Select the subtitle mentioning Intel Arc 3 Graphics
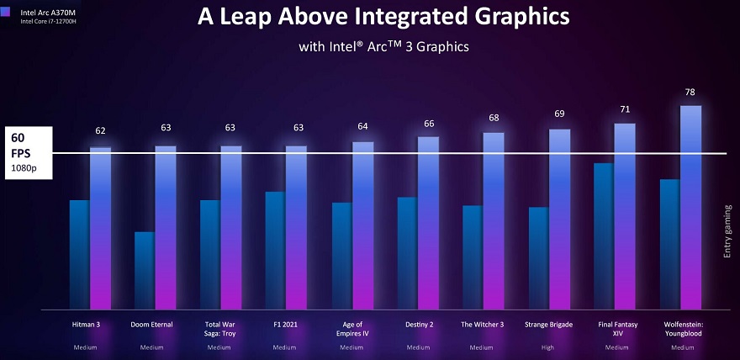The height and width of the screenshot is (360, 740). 383,46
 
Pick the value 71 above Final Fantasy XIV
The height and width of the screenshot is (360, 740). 625,110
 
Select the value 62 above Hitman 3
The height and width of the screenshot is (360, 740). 101,130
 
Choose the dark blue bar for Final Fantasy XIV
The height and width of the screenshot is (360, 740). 604,236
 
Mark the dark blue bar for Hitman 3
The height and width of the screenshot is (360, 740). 80,254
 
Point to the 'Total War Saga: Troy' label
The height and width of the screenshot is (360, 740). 218,328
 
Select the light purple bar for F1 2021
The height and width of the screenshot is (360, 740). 297,227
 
